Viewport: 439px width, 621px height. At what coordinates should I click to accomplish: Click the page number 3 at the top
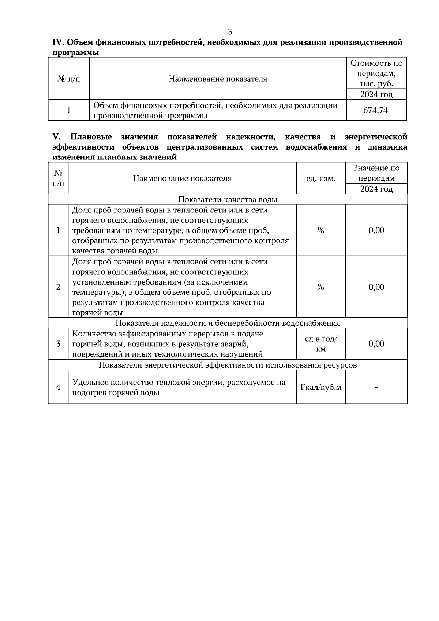tap(230, 31)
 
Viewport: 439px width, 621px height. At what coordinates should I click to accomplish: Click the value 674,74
tap(376, 110)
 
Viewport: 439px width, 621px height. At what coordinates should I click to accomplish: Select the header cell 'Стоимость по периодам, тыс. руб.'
tap(376, 73)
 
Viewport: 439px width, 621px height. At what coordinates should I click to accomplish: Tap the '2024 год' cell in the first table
tap(376, 94)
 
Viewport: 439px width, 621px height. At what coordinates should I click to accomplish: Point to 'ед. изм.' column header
tap(320, 178)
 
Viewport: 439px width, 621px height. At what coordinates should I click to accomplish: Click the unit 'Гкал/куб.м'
tap(321, 387)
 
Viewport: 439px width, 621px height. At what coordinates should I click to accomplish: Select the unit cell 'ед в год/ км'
tap(321, 344)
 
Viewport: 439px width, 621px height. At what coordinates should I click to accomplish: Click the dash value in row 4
tap(376, 387)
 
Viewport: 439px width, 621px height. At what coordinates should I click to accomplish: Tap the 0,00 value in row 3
tap(376, 344)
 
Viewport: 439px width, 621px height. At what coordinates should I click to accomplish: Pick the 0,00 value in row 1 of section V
tap(376, 230)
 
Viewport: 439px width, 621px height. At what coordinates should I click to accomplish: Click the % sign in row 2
tap(321, 287)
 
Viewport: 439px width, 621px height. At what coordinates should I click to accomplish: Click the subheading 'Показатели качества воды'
tap(228, 199)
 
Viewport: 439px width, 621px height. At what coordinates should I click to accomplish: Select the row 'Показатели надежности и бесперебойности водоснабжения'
tap(228, 323)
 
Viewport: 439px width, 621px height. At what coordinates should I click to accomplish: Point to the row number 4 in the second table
tap(58, 387)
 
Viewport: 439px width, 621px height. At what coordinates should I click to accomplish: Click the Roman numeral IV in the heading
tap(58, 42)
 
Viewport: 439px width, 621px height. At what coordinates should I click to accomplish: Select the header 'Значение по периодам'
tap(376, 173)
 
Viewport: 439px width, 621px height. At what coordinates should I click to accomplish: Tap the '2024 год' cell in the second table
tap(376, 189)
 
